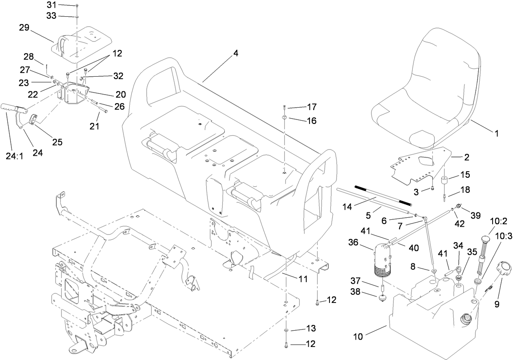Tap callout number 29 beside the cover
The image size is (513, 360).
[25, 28]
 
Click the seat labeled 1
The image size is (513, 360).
[424, 86]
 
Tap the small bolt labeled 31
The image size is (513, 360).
[77, 6]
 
